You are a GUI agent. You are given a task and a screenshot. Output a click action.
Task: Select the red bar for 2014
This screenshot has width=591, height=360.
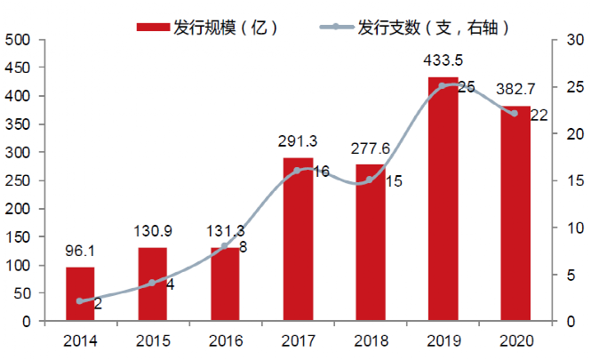(x=80, y=294)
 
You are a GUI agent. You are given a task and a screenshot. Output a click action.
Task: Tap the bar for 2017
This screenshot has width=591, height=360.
(x=298, y=240)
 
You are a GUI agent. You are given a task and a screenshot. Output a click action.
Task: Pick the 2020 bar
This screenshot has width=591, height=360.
(x=515, y=214)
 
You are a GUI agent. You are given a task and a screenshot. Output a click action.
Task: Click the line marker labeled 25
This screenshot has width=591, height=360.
(x=443, y=86)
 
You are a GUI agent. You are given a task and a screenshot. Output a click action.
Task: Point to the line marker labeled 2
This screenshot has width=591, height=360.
(x=80, y=301)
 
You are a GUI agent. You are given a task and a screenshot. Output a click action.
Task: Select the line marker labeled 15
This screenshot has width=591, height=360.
(x=370, y=180)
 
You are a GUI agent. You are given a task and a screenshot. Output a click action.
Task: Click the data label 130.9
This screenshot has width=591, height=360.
(x=152, y=232)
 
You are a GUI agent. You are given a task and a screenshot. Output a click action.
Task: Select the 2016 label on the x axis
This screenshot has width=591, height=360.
(x=225, y=340)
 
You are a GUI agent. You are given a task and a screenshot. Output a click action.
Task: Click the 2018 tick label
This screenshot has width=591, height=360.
(x=370, y=340)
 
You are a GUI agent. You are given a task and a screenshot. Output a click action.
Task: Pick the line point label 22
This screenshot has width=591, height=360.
(x=539, y=116)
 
